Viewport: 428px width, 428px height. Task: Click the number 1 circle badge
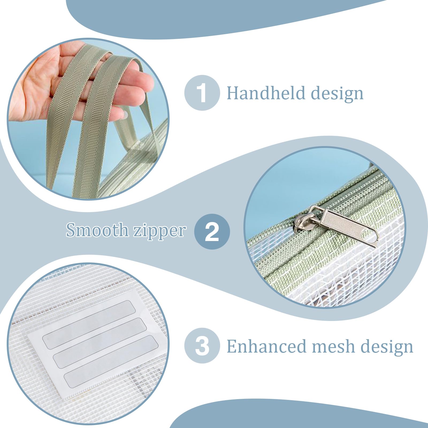(x=202, y=93)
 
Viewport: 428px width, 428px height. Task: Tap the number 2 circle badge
(x=212, y=232)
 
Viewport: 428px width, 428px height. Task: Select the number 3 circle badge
(x=202, y=346)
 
